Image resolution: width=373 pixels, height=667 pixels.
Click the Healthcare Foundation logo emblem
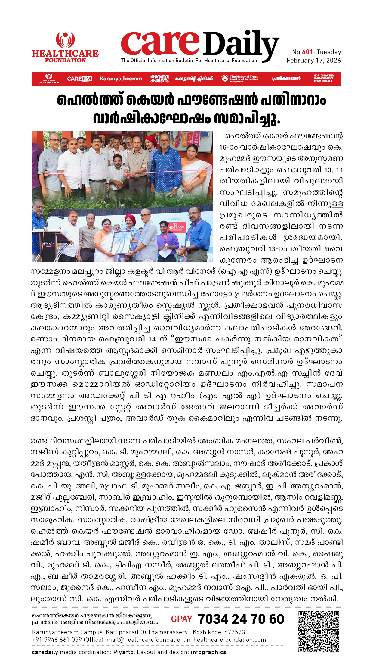(x=65, y=40)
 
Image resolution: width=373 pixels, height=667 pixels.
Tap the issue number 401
(x=307, y=52)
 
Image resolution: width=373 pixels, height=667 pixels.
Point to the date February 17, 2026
(x=313, y=61)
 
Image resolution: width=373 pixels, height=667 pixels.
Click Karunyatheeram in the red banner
(x=121, y=79)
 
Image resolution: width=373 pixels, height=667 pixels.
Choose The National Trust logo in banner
(x=240, y=79)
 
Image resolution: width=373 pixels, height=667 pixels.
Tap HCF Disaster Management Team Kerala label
(x=323, y=79)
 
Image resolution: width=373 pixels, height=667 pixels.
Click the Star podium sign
(x=48, y=244)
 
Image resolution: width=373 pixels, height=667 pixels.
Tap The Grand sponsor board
(x=176, y=228)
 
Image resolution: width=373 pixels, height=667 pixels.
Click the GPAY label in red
(x=181, y=619)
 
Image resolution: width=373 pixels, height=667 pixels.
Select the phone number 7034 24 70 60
(x=241, y=619)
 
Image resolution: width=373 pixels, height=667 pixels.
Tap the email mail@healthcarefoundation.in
(x=148, y=640)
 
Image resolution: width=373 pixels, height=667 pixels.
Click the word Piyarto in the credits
(x=123, y=652)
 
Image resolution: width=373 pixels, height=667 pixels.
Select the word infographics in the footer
(x=208, y=652)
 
